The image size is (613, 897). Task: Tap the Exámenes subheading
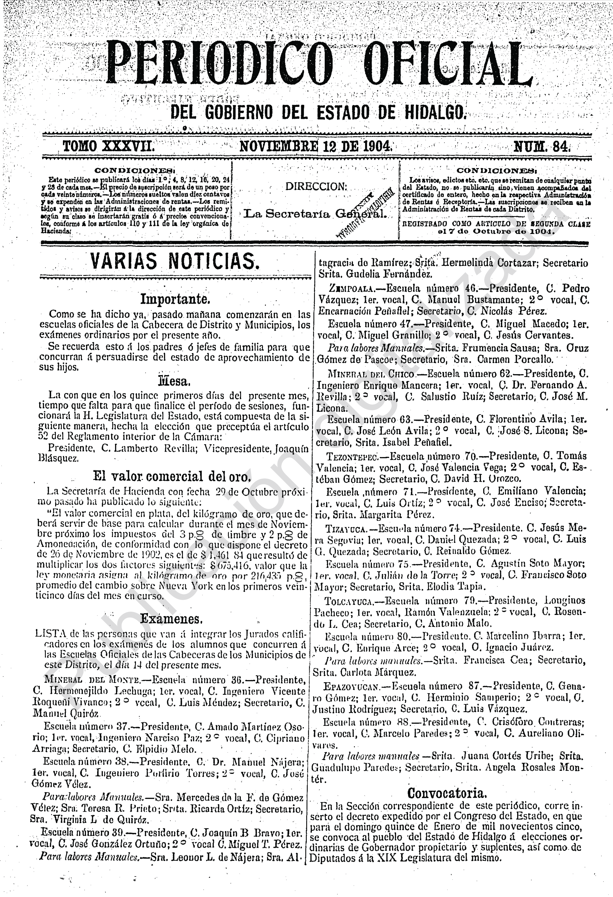171,619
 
